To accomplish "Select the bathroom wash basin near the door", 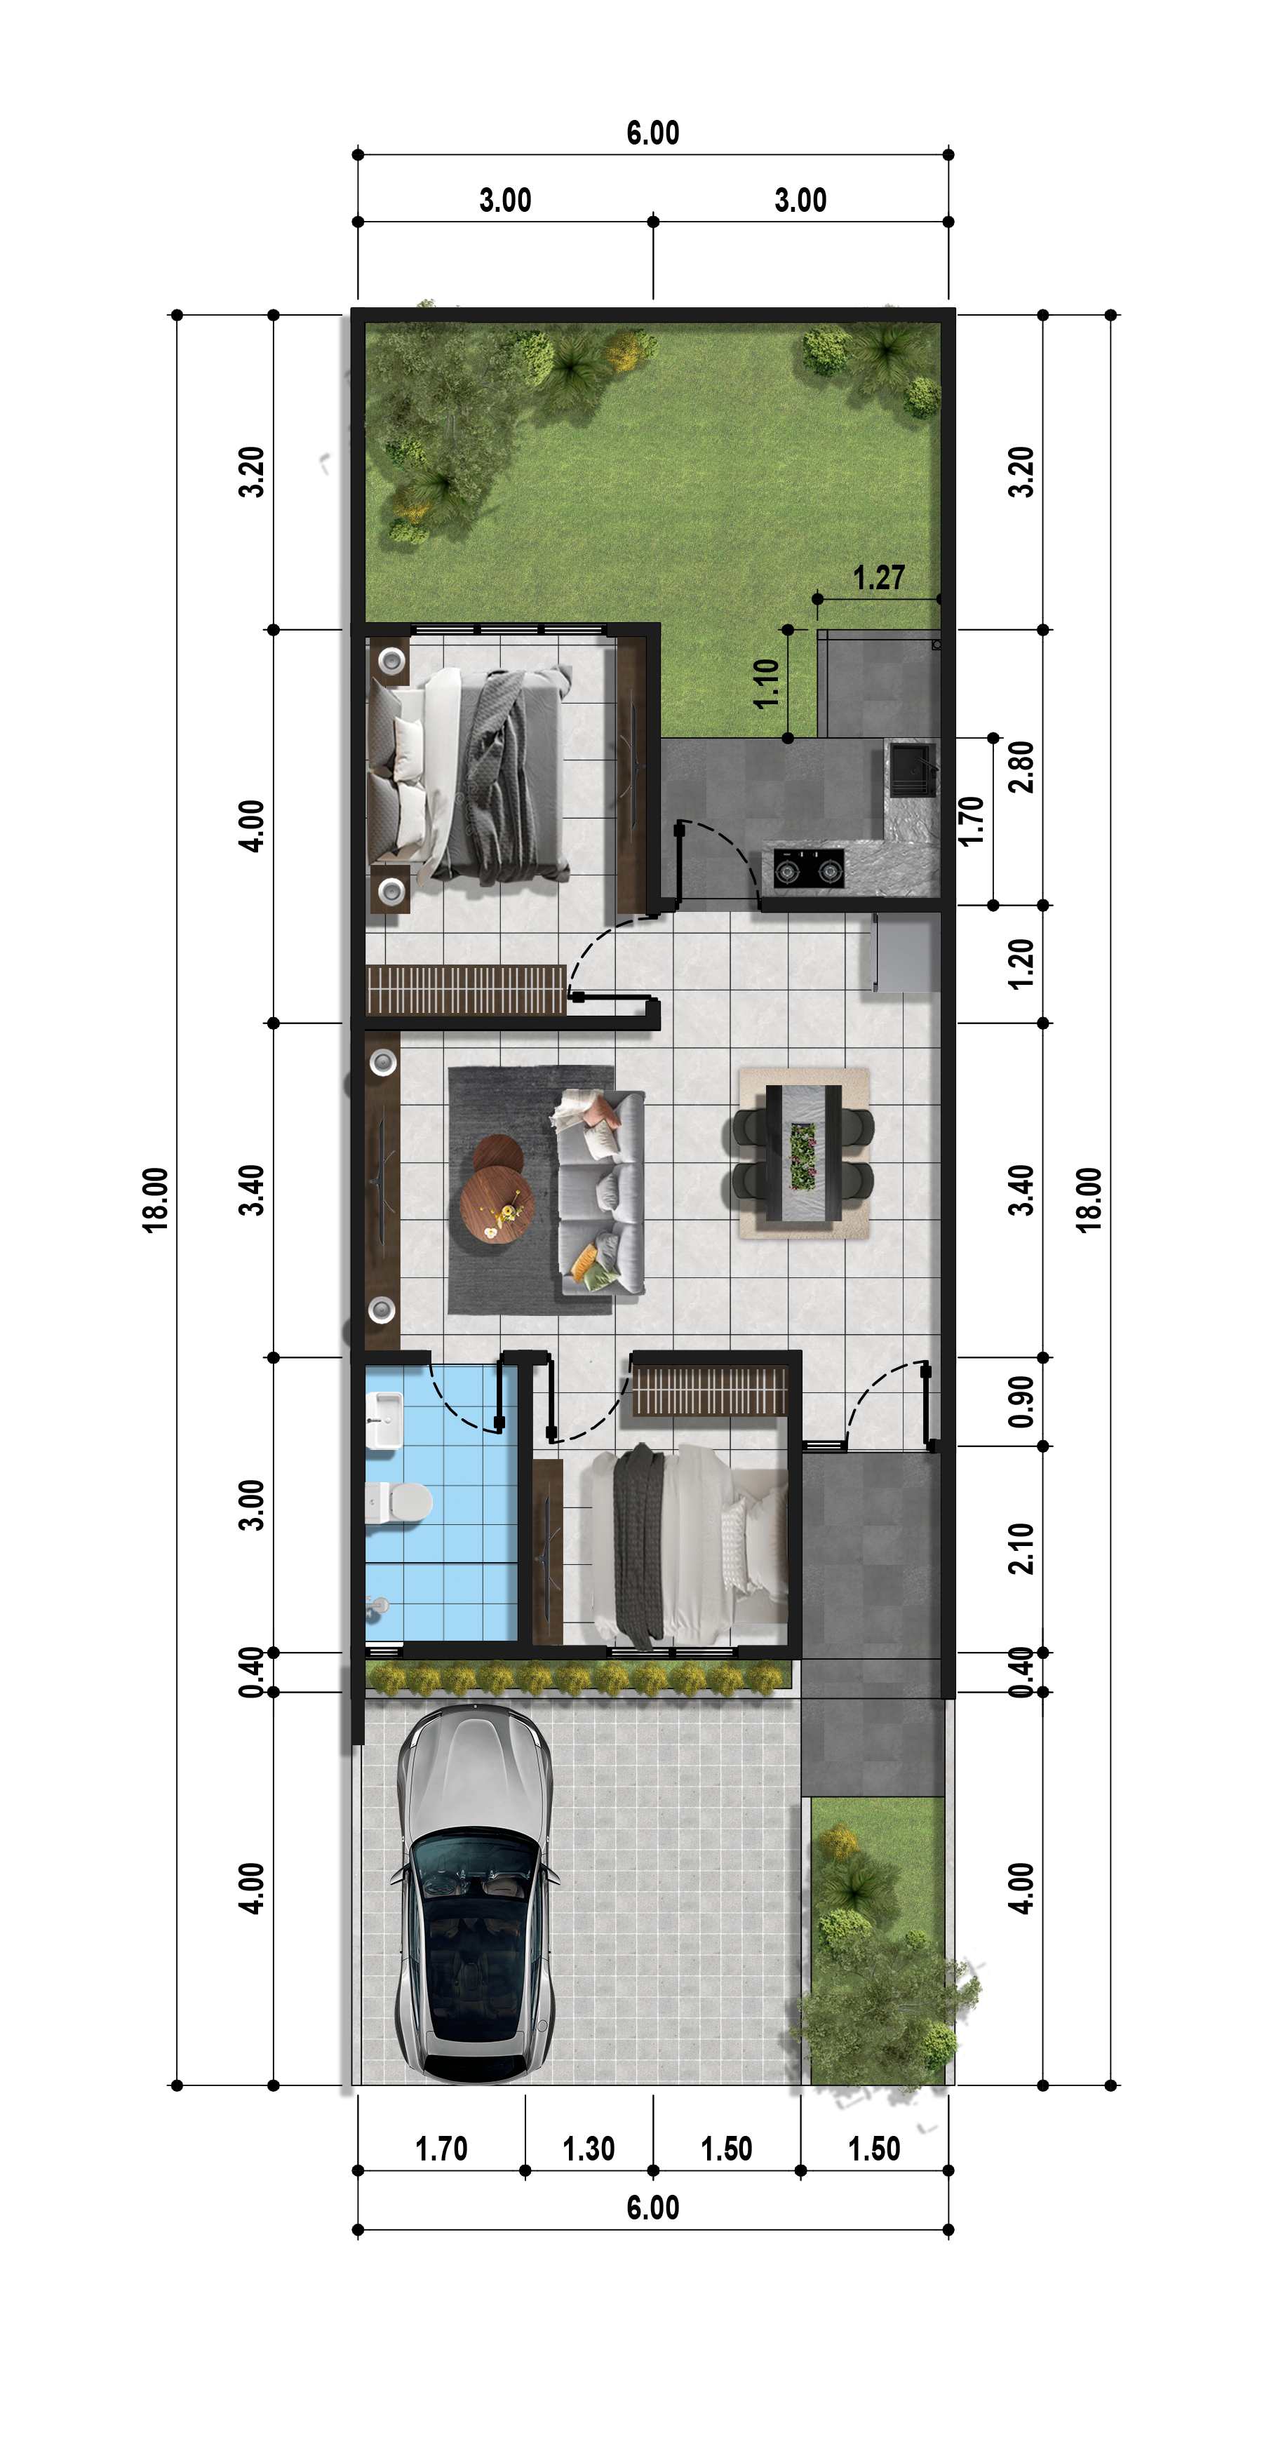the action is pyautogui.click(x=385, y=1419).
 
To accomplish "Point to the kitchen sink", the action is pyautogui.click(x=912, y=769).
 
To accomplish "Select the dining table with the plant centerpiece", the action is pyautogui.click(x=804, y=1154).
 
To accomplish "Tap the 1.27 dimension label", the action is pyautogui.click(x=878, y=578).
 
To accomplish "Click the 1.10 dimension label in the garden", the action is pyautogui.click(x=767, y=684).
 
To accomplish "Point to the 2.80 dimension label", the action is pyautogui.click(x=1021, y=767).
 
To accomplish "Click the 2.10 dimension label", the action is pyautogui.click(x=1021, y=1548).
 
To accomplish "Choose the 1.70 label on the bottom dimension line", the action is pyautogui.click(x=441, y=2149).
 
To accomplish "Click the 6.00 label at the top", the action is pyautogui.click(x=653, y=133).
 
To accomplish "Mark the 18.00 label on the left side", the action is pyautogui.click(x=155, y=1200).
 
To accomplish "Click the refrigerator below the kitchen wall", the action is pyautogui.click(x=905, y=952).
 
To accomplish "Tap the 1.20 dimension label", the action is pyautogui.click(x=1021, y=964).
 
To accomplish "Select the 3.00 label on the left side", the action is pyautogui.click(x=251, y=1505).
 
